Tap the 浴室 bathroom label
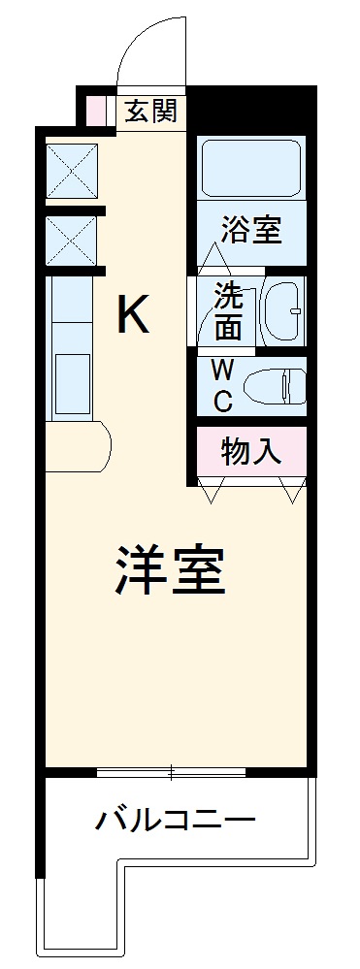(250, 231)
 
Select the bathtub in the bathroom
(250, 169)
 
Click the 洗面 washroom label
(228, 310)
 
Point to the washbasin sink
(284, 312)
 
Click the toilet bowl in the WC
(276, 386)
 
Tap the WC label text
(221, 385)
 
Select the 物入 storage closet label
(251, 450)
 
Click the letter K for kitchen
(134, 313)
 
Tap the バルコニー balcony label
(175, 823)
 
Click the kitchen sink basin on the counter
(72, 384)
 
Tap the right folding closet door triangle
(291, 489)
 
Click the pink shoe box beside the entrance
(96, 110)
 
